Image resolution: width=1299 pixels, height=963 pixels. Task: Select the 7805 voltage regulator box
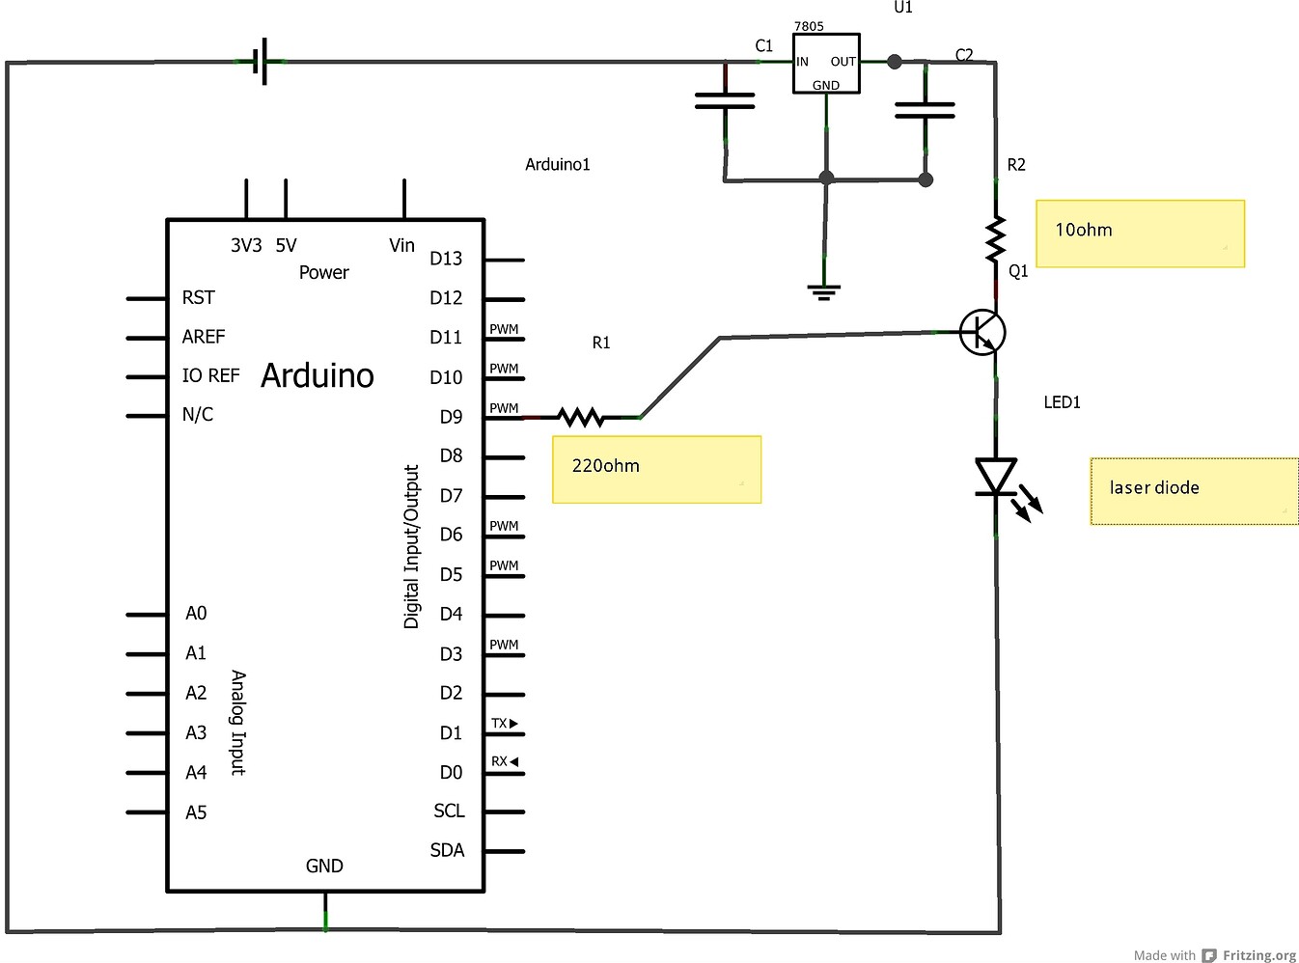[x=825, y=64]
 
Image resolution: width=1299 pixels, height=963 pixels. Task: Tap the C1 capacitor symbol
[x=725, y=100]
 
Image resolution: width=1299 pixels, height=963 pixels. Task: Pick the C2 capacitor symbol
[x=925, y=110]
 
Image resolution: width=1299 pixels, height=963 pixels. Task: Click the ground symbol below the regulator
[x=823, y=290]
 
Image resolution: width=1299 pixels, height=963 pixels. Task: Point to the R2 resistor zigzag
[x=995, y=239]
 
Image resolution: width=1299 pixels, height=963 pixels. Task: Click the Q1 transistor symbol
[x=982, y=333]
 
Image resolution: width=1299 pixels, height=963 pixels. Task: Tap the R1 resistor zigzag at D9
[x=581, y=417]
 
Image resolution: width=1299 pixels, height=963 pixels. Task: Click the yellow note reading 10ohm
[x=1140, y=234]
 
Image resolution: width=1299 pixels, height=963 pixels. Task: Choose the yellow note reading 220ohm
[x=656, y=469]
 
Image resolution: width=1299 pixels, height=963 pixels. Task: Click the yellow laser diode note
[x=1194, y=491]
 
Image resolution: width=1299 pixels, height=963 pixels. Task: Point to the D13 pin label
[x=446, y=259]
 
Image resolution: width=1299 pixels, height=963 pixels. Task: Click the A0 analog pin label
[x=196, y=614]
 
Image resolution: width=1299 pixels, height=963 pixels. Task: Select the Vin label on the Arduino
[x=401, y=246]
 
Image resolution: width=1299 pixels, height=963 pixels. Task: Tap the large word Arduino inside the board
[x=318, y=375]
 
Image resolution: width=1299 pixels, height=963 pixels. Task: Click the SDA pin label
[x=447, y=850]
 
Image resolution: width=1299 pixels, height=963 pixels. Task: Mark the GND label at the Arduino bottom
[x=324, y=866]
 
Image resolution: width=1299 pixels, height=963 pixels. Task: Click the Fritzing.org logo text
[x=1258, y=955]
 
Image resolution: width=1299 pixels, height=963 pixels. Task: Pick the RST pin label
[x=198, y=297]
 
